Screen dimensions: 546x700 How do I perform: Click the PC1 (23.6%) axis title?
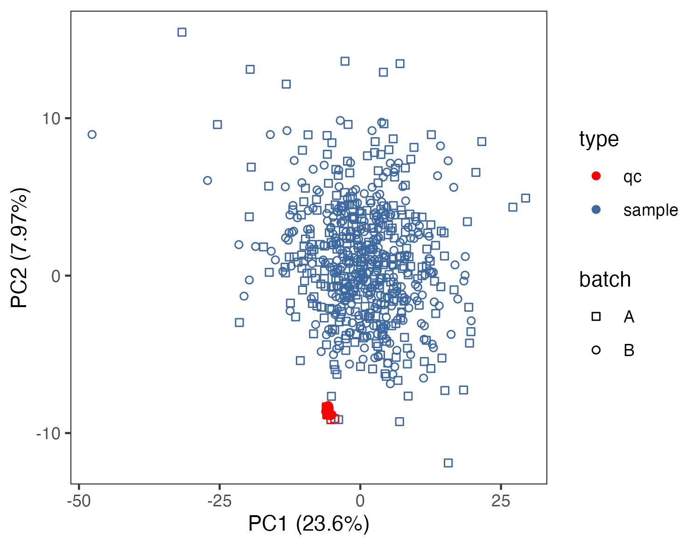click(308, 524)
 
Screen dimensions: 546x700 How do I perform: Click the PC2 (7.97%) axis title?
click(20, 248)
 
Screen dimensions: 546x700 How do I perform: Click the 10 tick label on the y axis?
click(51, 119)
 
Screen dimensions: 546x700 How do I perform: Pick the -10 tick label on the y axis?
click(49, 433)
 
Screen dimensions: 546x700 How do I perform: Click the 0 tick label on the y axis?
click(56, 276)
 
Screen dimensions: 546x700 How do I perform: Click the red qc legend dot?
click(596, 176)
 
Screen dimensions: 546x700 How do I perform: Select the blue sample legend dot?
click(596, 210)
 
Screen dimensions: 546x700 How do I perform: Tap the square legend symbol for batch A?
click(596, 317)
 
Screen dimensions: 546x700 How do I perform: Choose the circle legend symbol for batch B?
click(596, 350)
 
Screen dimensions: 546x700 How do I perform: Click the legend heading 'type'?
click(599, 139)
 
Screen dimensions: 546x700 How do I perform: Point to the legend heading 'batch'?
click(605, 280)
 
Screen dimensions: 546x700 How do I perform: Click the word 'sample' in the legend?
click(651, 210)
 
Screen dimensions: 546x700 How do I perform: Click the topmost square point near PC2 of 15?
click(182, 32)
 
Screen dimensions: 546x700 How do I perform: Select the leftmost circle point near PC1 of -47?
click(92, 134)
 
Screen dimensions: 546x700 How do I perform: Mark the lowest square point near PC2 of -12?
click(448, 463)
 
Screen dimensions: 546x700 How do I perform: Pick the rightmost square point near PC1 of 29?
click(525, 198)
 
